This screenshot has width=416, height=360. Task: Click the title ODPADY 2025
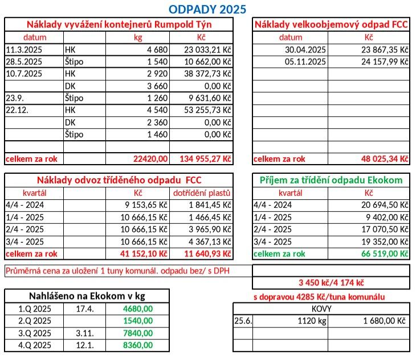click(x=207, y=9)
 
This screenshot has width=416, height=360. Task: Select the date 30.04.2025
click(x=306, y=50)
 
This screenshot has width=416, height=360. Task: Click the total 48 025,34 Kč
click(x=385, y=159)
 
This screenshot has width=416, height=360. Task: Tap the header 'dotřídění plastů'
click(x=203, y=193)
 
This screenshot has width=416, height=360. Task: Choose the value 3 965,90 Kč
click(x=210, y=229)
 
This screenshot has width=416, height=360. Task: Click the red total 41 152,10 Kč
click(x=146, y=253)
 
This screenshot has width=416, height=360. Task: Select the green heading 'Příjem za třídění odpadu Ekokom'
click(x=331, y=180)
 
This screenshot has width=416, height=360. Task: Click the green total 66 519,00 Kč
click(x=385, y=253)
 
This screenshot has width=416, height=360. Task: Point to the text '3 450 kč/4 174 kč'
click(x=331, y=283)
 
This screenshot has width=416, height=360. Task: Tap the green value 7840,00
click(x=138, y=333)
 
